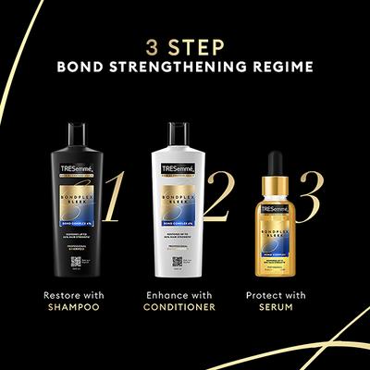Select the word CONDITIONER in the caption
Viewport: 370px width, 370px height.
click(x=185, y=307)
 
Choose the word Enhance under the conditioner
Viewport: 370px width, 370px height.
click(x=165, y=294)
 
